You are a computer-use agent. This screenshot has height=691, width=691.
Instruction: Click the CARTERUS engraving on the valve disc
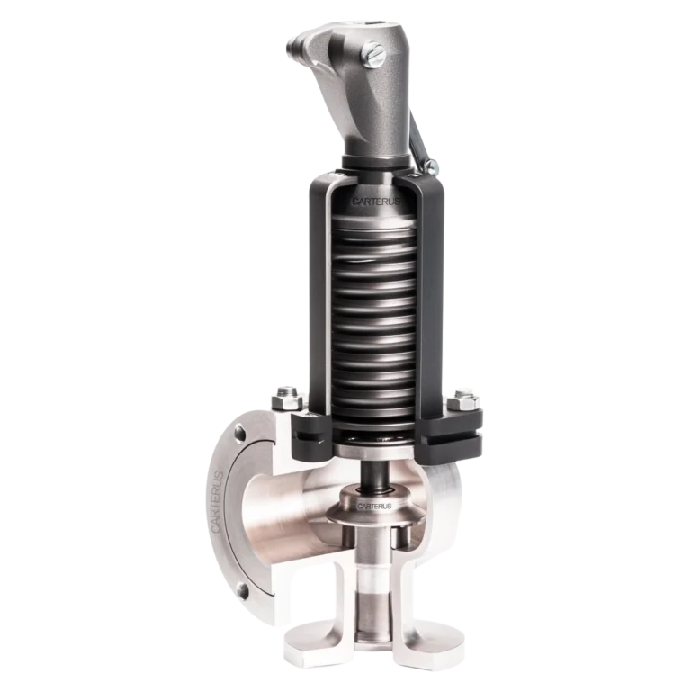pos(373,507)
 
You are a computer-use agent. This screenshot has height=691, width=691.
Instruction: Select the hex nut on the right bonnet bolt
pos(465,393)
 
